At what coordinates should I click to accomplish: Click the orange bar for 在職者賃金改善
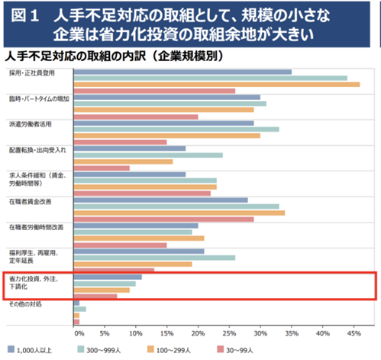(179, 212)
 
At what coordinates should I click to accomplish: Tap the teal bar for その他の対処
(79, 309)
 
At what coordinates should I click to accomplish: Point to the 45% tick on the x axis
(354, 334)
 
